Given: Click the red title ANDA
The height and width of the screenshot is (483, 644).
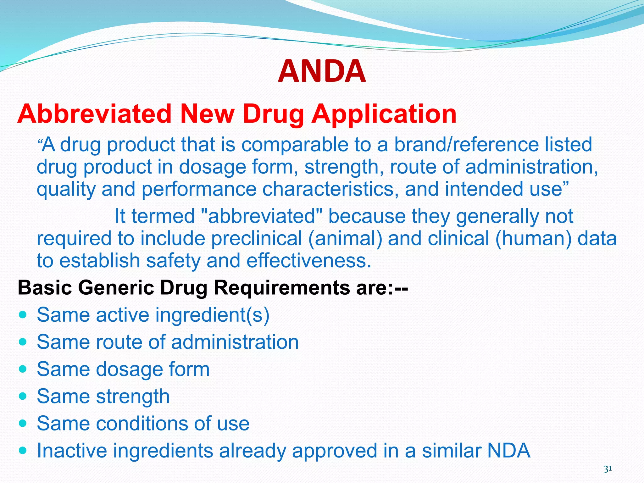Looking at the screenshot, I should pyautogui.click(x=322, y=72).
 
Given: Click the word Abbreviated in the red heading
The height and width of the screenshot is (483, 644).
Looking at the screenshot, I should pyautogui.click(x=94, y=114).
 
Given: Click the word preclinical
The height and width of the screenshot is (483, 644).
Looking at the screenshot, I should pyautogui.click(x=256, y=238).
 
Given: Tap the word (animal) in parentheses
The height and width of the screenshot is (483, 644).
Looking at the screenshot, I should pyautogui.click(x=345, y=238).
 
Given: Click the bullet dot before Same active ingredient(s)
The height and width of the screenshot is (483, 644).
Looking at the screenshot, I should pyautogui.click(x=23, y=314).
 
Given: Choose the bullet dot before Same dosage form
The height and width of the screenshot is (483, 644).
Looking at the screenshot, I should pyautogui.click(x=23, y=369).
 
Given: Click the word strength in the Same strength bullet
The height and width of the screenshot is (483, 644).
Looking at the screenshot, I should pyautogui.click(x=133, y=397).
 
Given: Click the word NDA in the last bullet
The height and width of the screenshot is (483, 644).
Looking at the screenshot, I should pyautogui.click(x=508, y=451).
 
